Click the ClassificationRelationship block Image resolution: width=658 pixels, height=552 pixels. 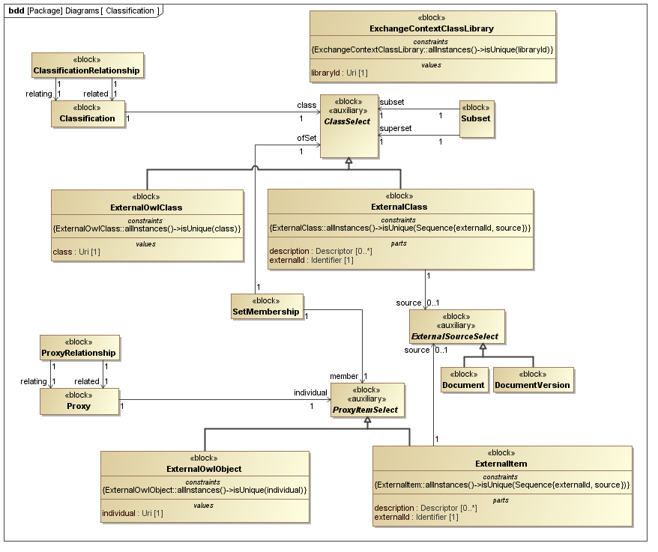click(x=87, y=65)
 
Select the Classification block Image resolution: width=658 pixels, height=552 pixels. click(x=88, y=113)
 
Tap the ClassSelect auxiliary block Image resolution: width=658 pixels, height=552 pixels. click(x=348, y=126)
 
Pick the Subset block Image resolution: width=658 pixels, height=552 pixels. click(x=477, y=118)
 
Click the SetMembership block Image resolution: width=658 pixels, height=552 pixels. click(x=267, y=306)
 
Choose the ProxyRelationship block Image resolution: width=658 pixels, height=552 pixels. click(x=79, y=348)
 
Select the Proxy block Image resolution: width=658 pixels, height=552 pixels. click(x=79, y=401)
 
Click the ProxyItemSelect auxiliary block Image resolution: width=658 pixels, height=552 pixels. click(x=366, y=400)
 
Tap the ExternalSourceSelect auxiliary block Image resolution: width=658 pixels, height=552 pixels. click(x=453, y=326)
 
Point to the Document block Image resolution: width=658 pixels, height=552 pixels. click(x=463, y=380)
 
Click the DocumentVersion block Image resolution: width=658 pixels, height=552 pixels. click(x=532, y=380)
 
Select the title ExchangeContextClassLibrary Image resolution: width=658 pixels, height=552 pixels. click(x=432, y=28)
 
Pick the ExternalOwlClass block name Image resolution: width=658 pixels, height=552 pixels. click(x=146, y=207)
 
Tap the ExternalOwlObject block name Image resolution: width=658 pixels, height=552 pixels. click(x=204, y=469)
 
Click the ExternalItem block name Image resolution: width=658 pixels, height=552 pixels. click(x=501, y=464)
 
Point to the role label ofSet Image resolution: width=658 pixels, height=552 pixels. click(x=306, y=137)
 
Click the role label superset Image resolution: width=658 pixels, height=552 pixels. click(x=395, y=129)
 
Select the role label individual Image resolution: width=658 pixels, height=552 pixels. click(x=310, y=392)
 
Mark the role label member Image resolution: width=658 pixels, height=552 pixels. click(x=344, y=376)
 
